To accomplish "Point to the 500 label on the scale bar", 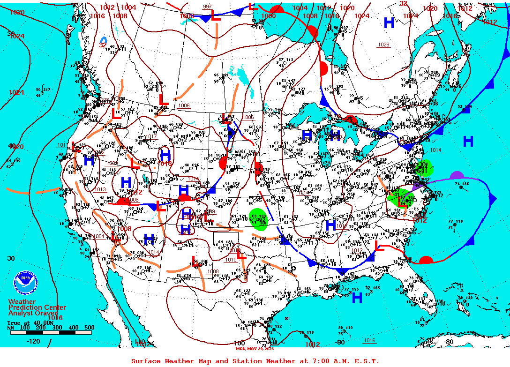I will (x=89, y=328).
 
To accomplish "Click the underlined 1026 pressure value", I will (x=383, y=45).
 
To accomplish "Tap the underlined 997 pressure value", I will (x=207, y=7).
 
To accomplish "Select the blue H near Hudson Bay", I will (x=389, y=23).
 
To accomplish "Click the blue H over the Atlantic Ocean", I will (x=468, y=141).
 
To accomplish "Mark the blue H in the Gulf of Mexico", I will (x=357, y=298).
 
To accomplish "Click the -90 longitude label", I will (x=340, y=342).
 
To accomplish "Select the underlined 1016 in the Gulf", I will (x=369, y=340).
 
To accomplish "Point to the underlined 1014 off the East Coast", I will (x=435, y=150).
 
